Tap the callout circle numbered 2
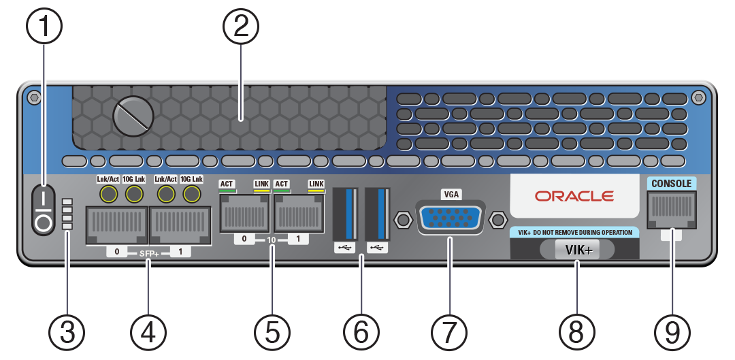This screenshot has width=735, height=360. [x=241, y=28]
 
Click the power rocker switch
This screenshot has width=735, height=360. [x=43, y=210]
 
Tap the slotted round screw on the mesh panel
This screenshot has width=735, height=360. [x=132, y=116]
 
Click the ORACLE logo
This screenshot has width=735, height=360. [x=574, y=196]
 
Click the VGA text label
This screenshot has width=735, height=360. [x=450, y=195]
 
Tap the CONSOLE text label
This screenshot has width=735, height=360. [x=671, y=184]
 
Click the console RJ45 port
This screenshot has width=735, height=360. [x=672, y=208]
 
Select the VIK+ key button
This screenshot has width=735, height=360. [x=578, y=250]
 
